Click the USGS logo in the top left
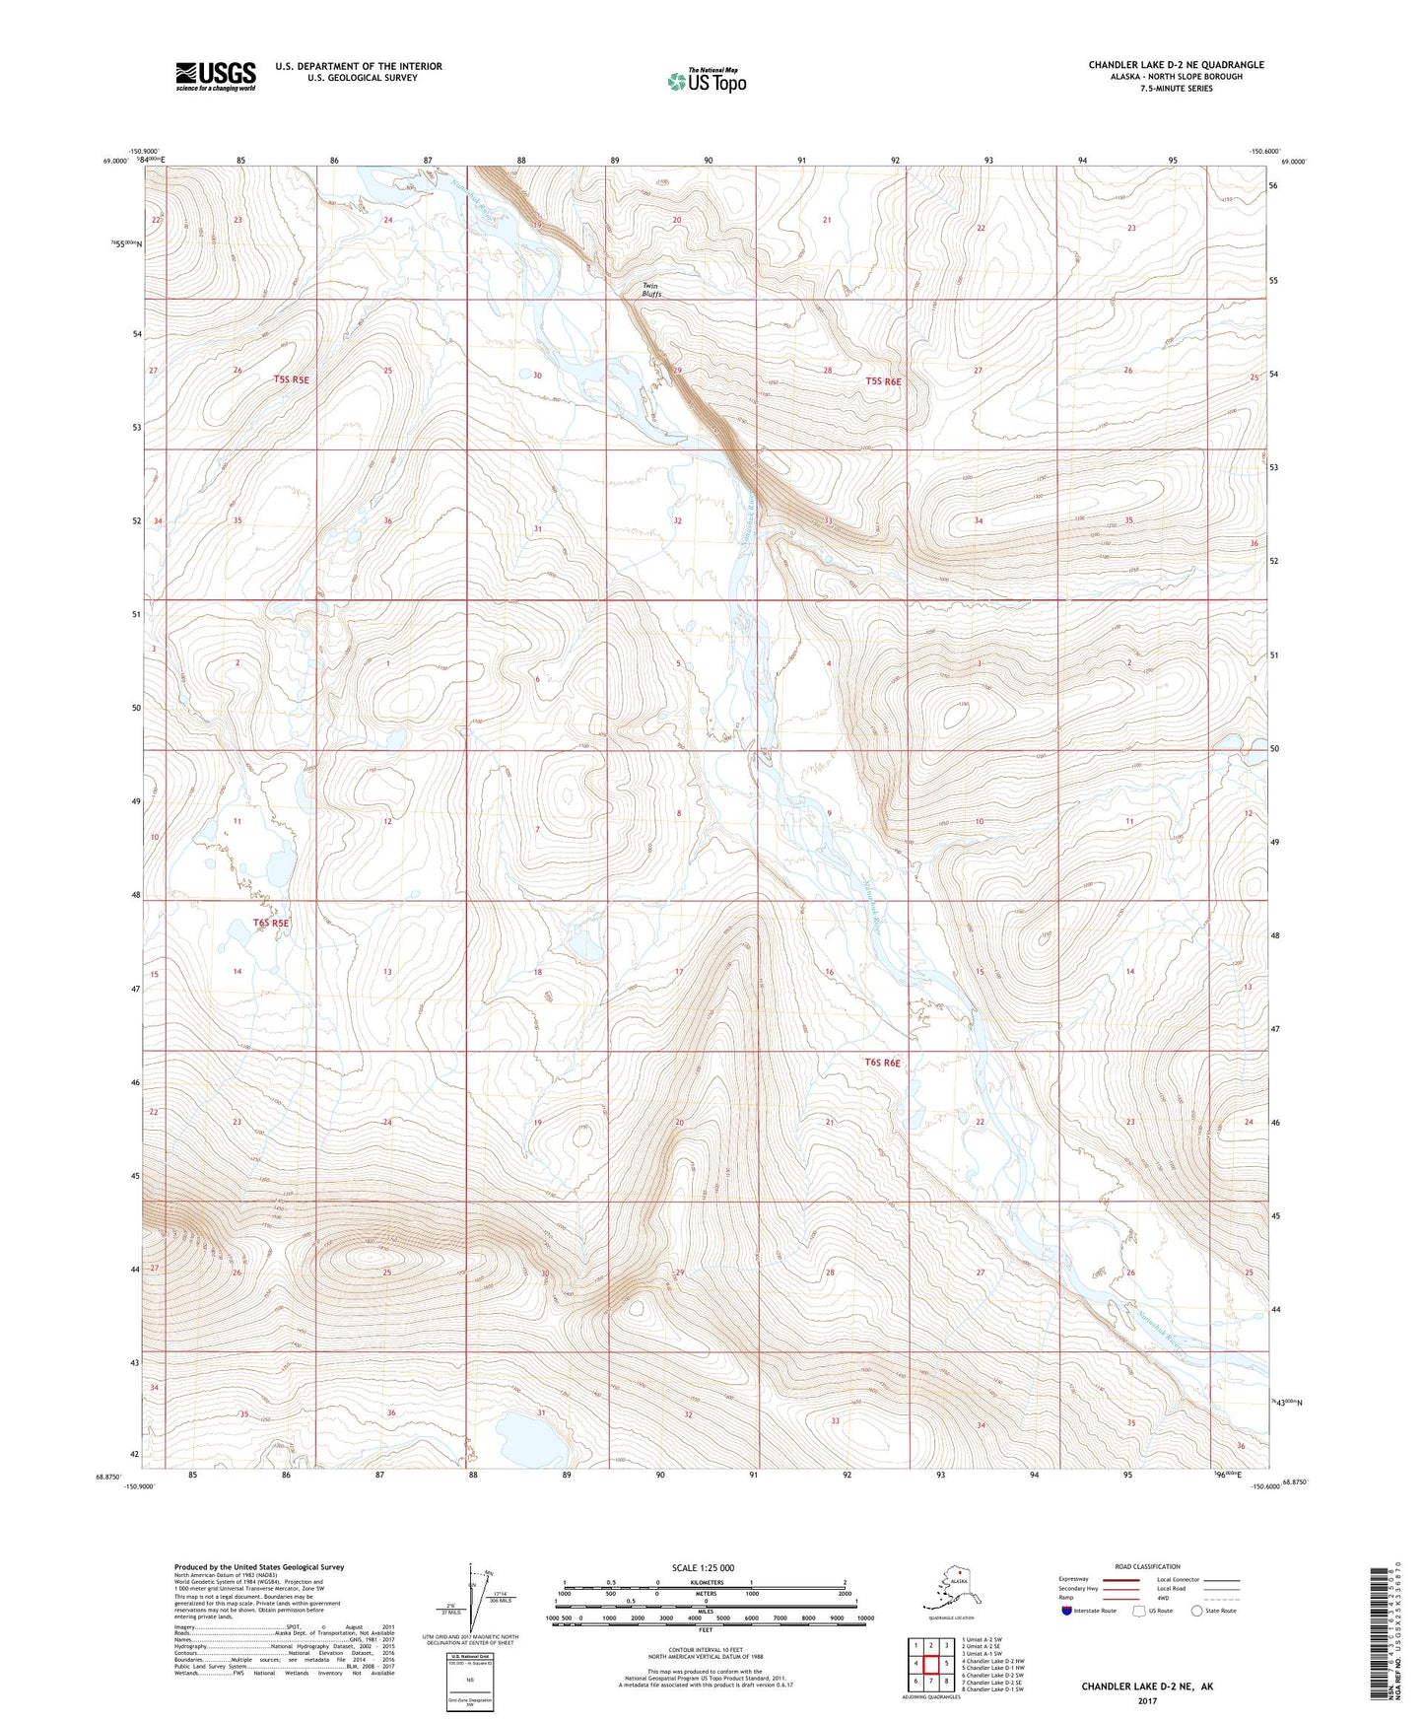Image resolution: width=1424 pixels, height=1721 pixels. [215, 76]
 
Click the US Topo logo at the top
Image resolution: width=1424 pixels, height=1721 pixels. [707, 81]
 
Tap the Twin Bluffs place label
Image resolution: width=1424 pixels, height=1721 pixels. [651, 290]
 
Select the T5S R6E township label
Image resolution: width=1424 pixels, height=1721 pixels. [883, 381]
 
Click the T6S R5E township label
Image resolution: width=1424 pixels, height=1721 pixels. [271, 924]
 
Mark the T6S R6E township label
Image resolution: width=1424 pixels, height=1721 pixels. [883, 1063]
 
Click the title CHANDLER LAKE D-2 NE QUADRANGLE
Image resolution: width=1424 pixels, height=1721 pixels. [1176, 65]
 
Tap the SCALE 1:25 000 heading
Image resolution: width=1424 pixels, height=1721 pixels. [704, 1568]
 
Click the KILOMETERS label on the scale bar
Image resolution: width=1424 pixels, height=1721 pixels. [704, 1583]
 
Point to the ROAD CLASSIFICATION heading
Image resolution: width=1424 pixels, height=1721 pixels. [1147, 1566]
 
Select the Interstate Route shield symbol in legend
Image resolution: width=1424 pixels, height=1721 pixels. [1067, 1611]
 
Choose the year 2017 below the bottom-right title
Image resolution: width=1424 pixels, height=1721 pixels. [1147, 1700]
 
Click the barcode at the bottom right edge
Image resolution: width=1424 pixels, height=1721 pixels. [1380, 1631]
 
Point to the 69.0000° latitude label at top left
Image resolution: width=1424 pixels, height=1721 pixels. [115, 161]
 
